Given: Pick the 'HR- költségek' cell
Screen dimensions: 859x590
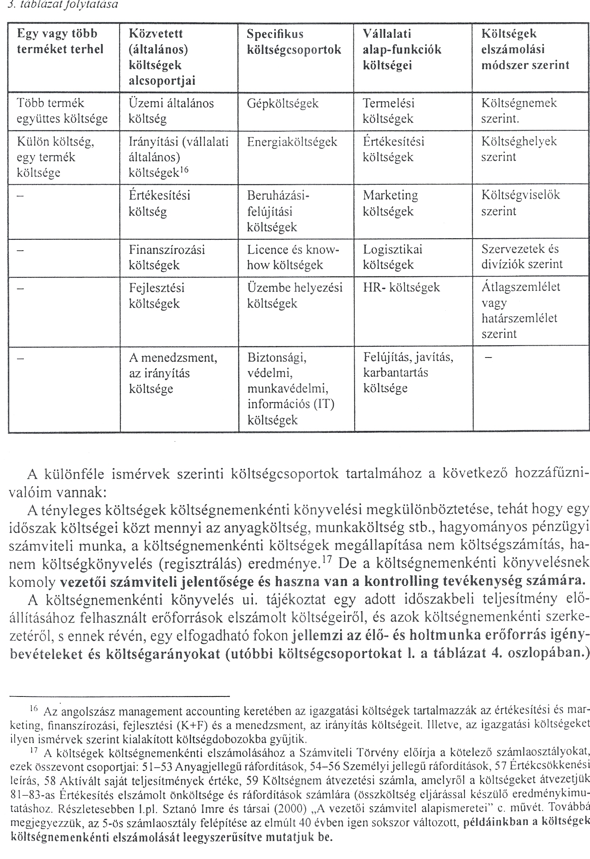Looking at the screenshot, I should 401,288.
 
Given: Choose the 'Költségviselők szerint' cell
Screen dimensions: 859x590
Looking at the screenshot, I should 520,203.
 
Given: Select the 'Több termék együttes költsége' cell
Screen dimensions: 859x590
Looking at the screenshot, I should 62,111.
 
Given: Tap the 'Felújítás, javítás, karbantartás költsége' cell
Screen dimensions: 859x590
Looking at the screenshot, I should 408,373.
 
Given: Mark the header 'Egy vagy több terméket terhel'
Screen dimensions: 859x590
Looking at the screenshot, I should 60,42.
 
